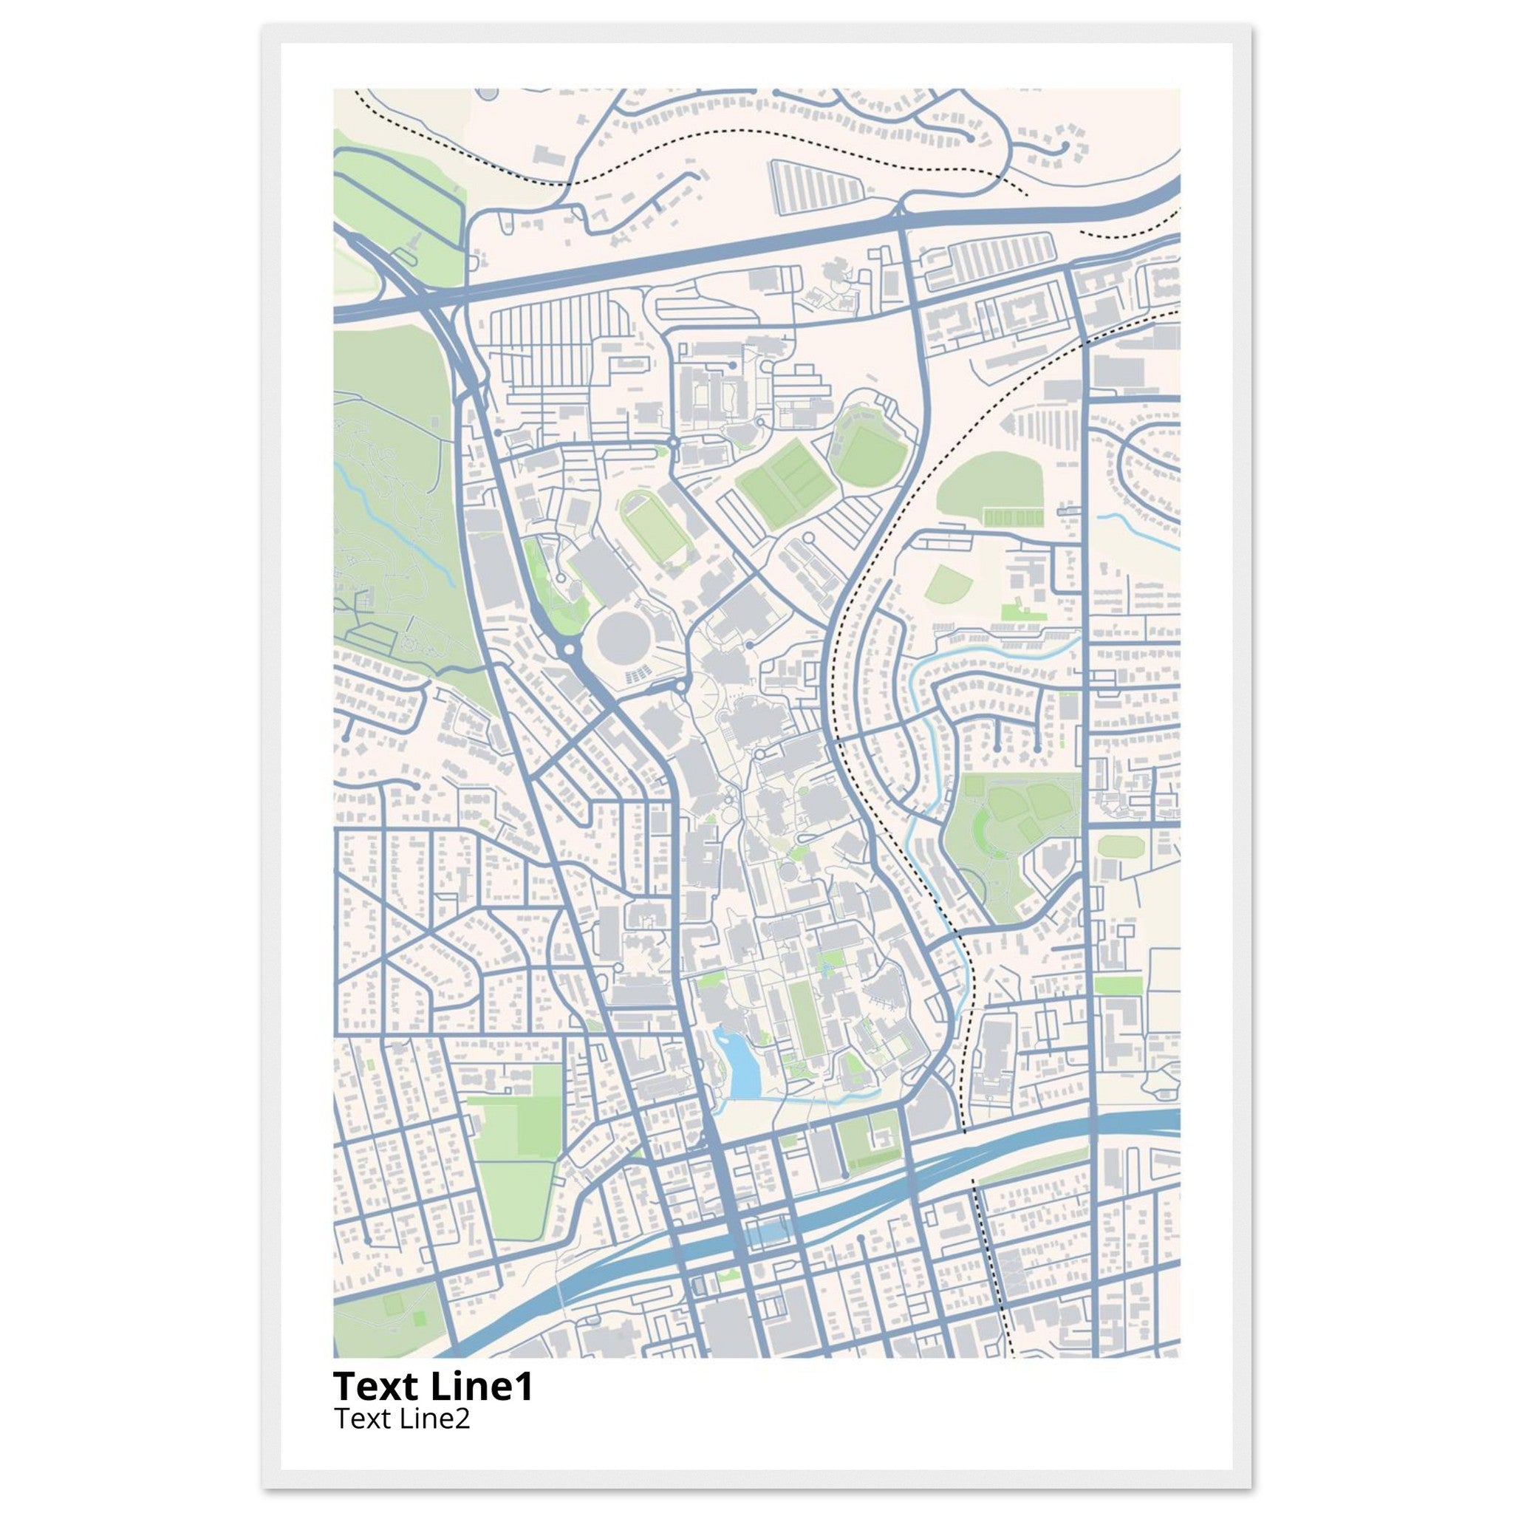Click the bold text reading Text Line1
(x=433, y=1386)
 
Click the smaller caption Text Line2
(x=402, y=1418)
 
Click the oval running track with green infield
(x=653, y=525)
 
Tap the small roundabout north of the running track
(x=674, y=443)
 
